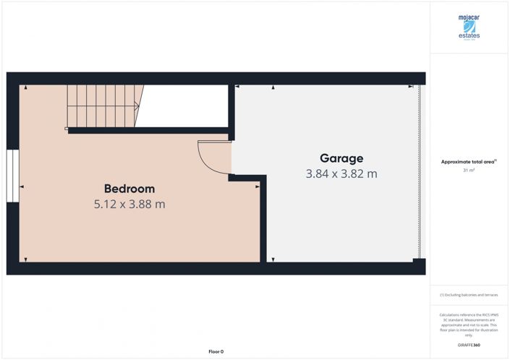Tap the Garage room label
341,158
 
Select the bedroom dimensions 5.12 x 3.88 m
129,205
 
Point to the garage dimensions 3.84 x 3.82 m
341,174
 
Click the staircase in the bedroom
103,106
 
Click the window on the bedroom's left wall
12,176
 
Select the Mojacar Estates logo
469,27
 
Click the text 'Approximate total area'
467,162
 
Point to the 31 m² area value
469,171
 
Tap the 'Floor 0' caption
216,351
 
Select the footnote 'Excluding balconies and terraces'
469,295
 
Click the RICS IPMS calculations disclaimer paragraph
469,325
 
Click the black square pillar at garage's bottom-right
416,260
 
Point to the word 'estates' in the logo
469,35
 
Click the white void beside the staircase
184,106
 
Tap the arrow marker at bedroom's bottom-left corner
25,260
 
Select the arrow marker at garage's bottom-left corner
273,260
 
